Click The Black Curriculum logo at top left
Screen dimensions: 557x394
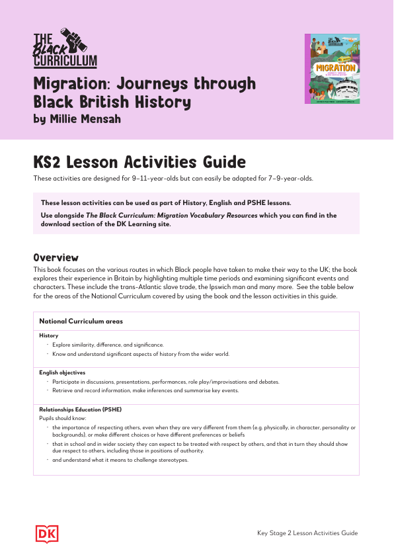pos(65,47)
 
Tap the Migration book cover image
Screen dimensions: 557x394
pos(332,69)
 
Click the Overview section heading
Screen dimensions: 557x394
pos(56,257)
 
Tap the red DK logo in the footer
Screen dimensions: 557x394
pos(44,533)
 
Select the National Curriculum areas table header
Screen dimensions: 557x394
pos(81,321)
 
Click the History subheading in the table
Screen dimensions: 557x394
pos(49,336)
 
